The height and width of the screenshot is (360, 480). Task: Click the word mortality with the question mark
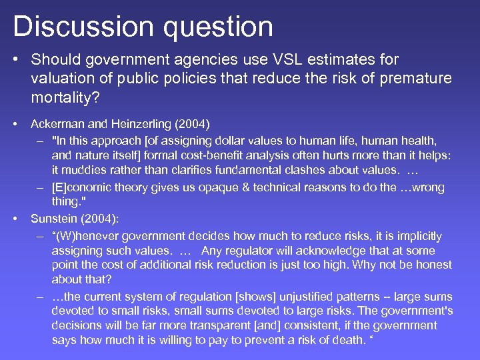pos(64,97)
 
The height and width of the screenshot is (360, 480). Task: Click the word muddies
pos(85,170)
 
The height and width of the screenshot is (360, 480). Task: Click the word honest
pos(427,265)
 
